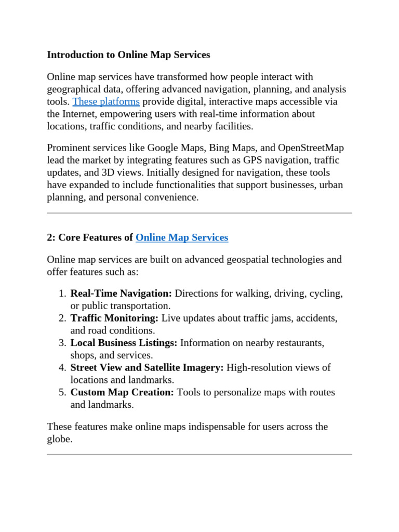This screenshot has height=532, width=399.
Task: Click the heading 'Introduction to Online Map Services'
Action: click(128, 55)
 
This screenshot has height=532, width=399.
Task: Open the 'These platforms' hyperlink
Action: click(106, 101)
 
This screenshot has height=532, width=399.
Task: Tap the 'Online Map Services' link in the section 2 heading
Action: click(181, 237)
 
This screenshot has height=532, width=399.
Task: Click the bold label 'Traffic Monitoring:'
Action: click(114, 318)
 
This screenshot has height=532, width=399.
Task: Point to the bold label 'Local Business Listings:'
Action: click(124, 343)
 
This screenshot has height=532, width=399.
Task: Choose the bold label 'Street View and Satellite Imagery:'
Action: click(147, 367)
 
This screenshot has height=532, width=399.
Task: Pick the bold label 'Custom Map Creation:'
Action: click(122, 392)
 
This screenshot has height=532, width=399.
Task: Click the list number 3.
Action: click(62, 343)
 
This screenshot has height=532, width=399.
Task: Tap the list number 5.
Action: click(62, 392)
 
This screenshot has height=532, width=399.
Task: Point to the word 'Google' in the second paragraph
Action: click(162, 148)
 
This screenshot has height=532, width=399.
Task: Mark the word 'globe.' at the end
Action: click(60, 439)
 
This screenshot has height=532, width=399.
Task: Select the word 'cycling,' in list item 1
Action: click(326, 294)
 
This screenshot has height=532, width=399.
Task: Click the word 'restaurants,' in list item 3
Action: click(298, 343)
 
